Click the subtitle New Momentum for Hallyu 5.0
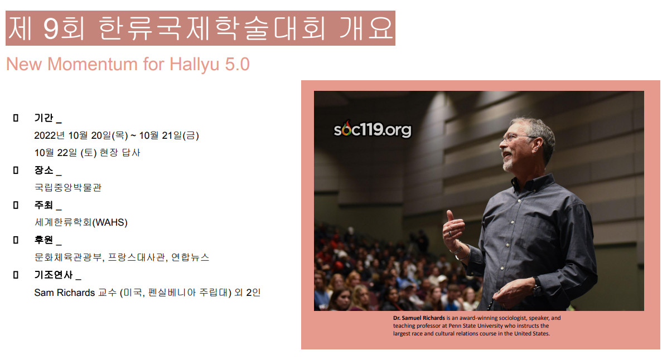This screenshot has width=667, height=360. click(128, 64)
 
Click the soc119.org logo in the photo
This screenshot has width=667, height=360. click(373, 129)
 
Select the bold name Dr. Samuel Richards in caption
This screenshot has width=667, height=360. click(419, 318)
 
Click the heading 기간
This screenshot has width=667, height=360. click(44, 118)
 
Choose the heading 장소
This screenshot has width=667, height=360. click(44, 170)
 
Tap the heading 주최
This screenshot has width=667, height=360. click(44, 205)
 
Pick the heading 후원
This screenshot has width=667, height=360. click(44, 240)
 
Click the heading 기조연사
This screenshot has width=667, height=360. click(54, 275)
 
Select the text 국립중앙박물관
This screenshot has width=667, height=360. click(68, 187)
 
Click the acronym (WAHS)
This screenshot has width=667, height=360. click(110, 222)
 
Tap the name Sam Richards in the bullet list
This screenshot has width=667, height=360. click(65, 293)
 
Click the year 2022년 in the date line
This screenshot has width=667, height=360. click(50, 135)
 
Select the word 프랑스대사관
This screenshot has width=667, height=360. click(137, 257)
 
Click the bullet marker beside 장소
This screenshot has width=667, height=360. click(16, 170)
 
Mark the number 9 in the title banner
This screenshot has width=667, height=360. click(51, 28)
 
